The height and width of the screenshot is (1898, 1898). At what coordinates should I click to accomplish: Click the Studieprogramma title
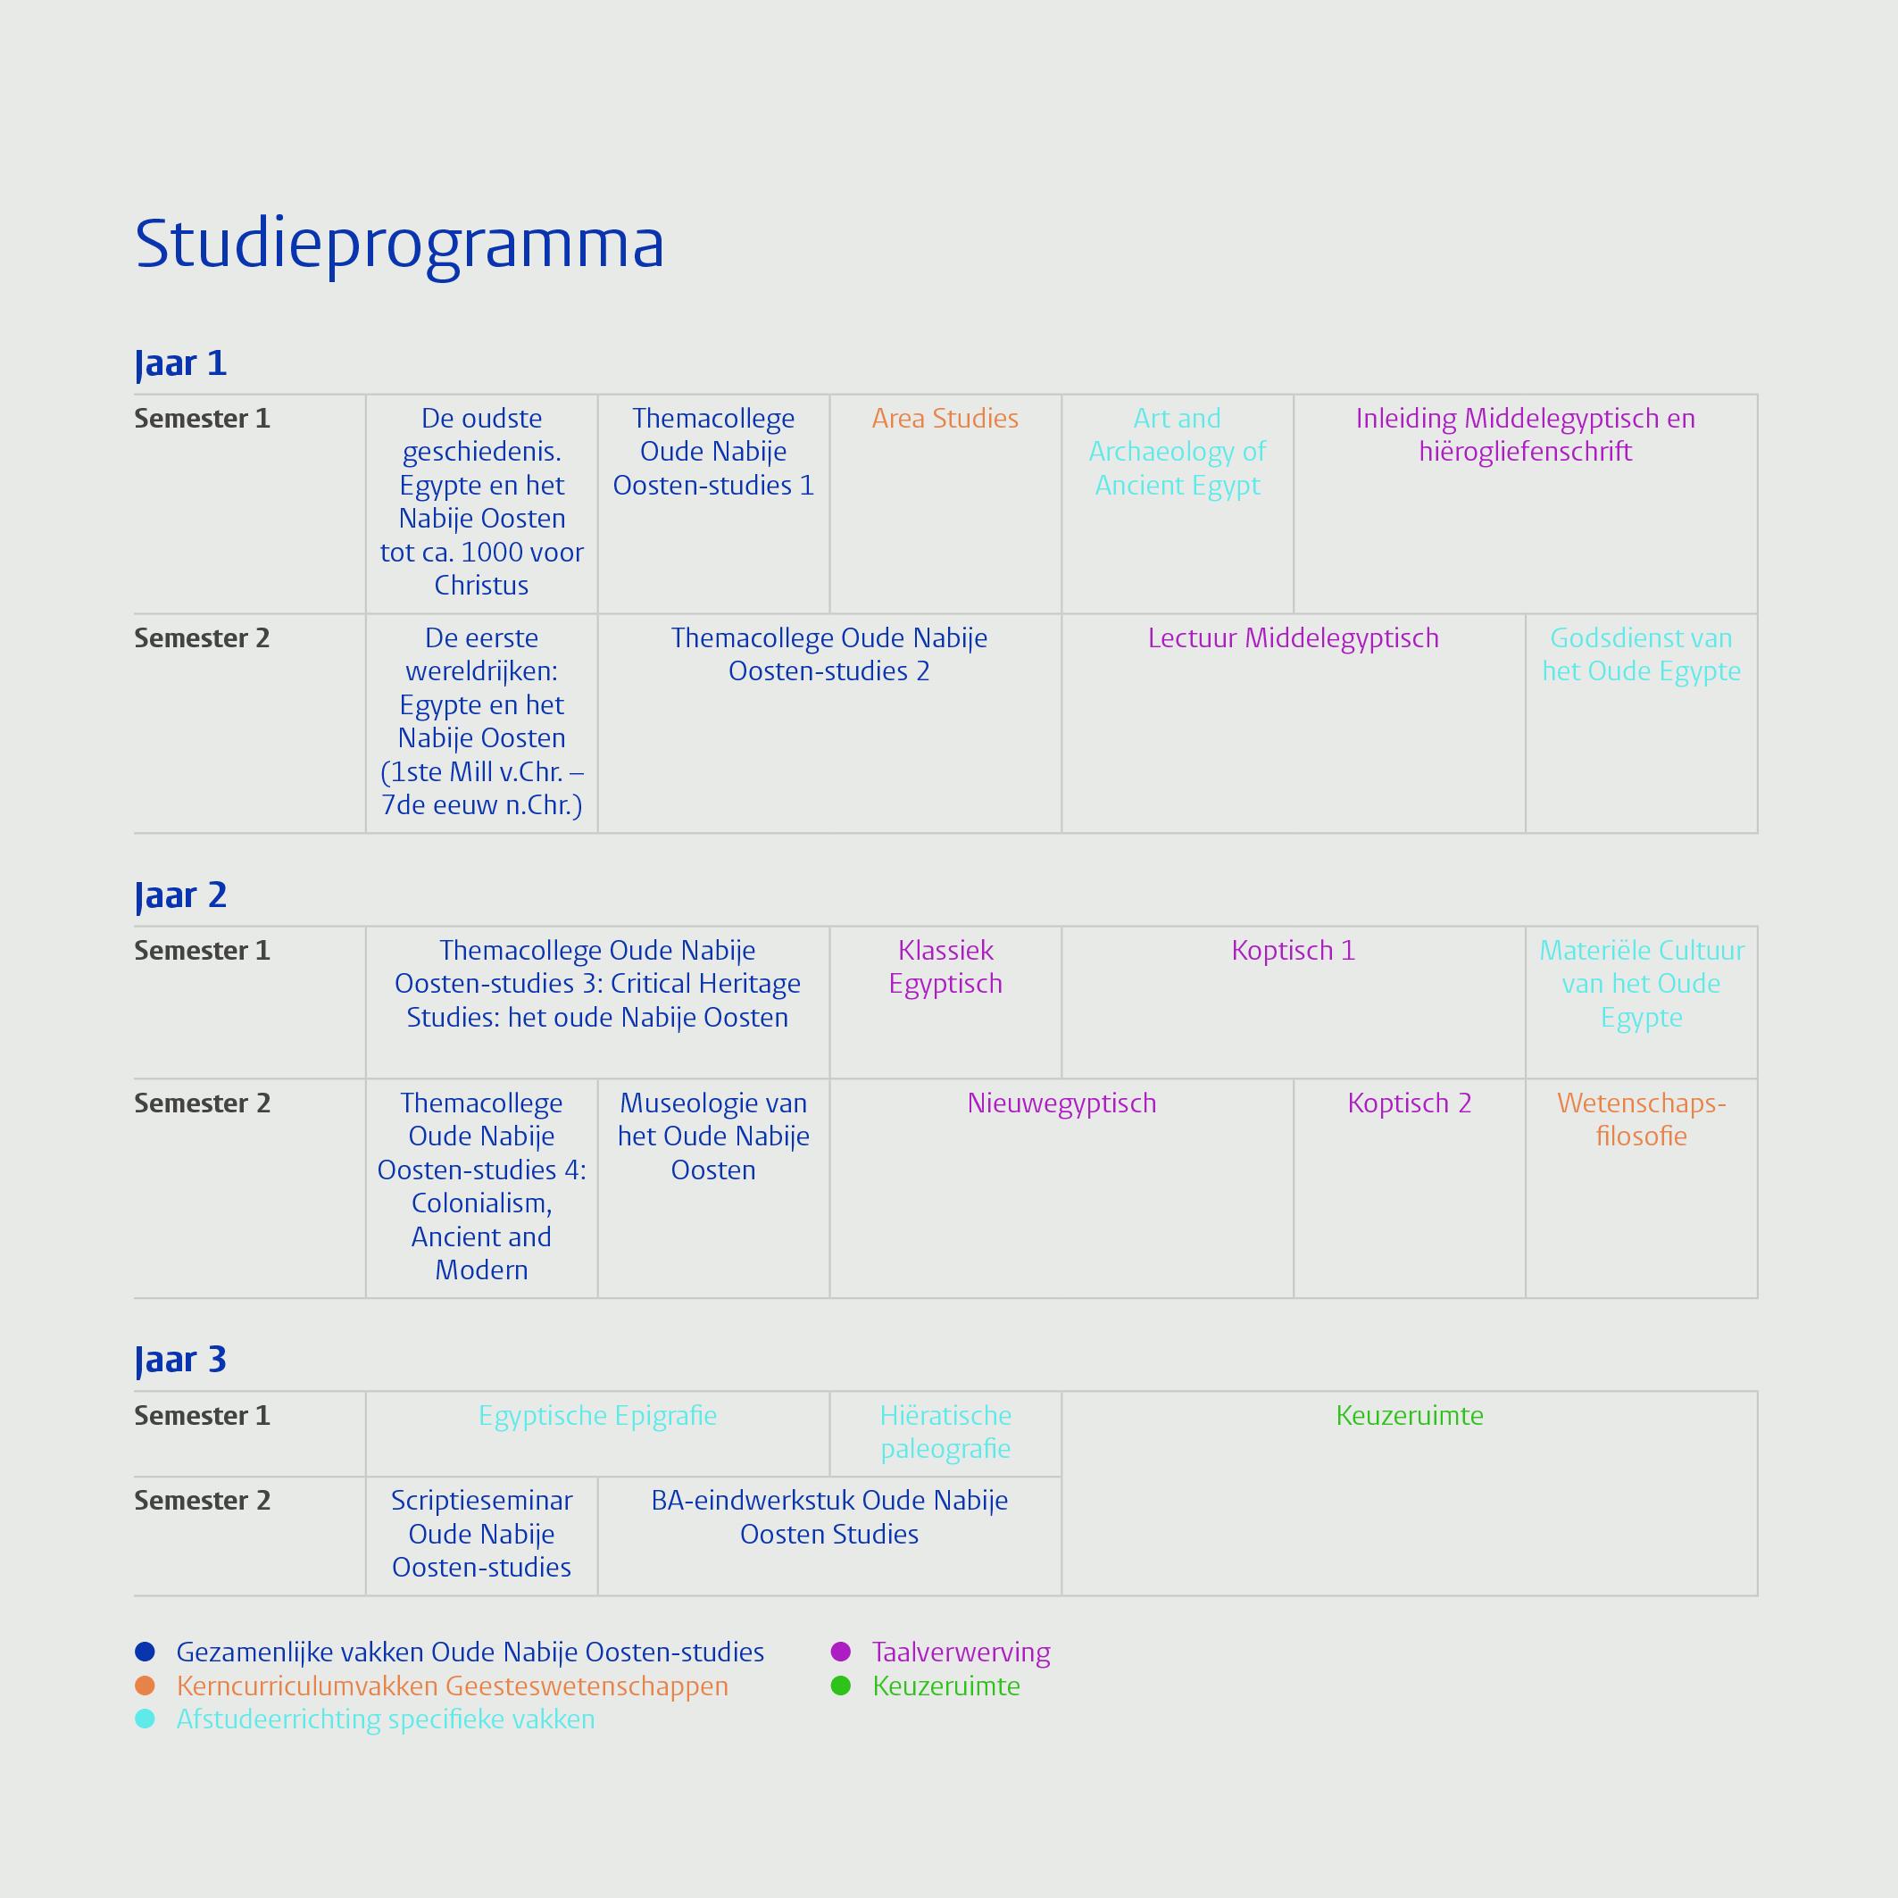400,245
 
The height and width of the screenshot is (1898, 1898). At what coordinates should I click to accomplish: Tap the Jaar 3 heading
180,1361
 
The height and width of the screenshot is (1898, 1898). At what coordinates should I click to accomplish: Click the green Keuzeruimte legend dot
840,1686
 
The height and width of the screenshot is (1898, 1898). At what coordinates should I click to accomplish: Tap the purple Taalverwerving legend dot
840,1652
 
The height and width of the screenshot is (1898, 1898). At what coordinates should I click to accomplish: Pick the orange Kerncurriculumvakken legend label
452,1686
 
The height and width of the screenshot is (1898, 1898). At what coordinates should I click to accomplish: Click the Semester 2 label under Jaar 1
202,638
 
